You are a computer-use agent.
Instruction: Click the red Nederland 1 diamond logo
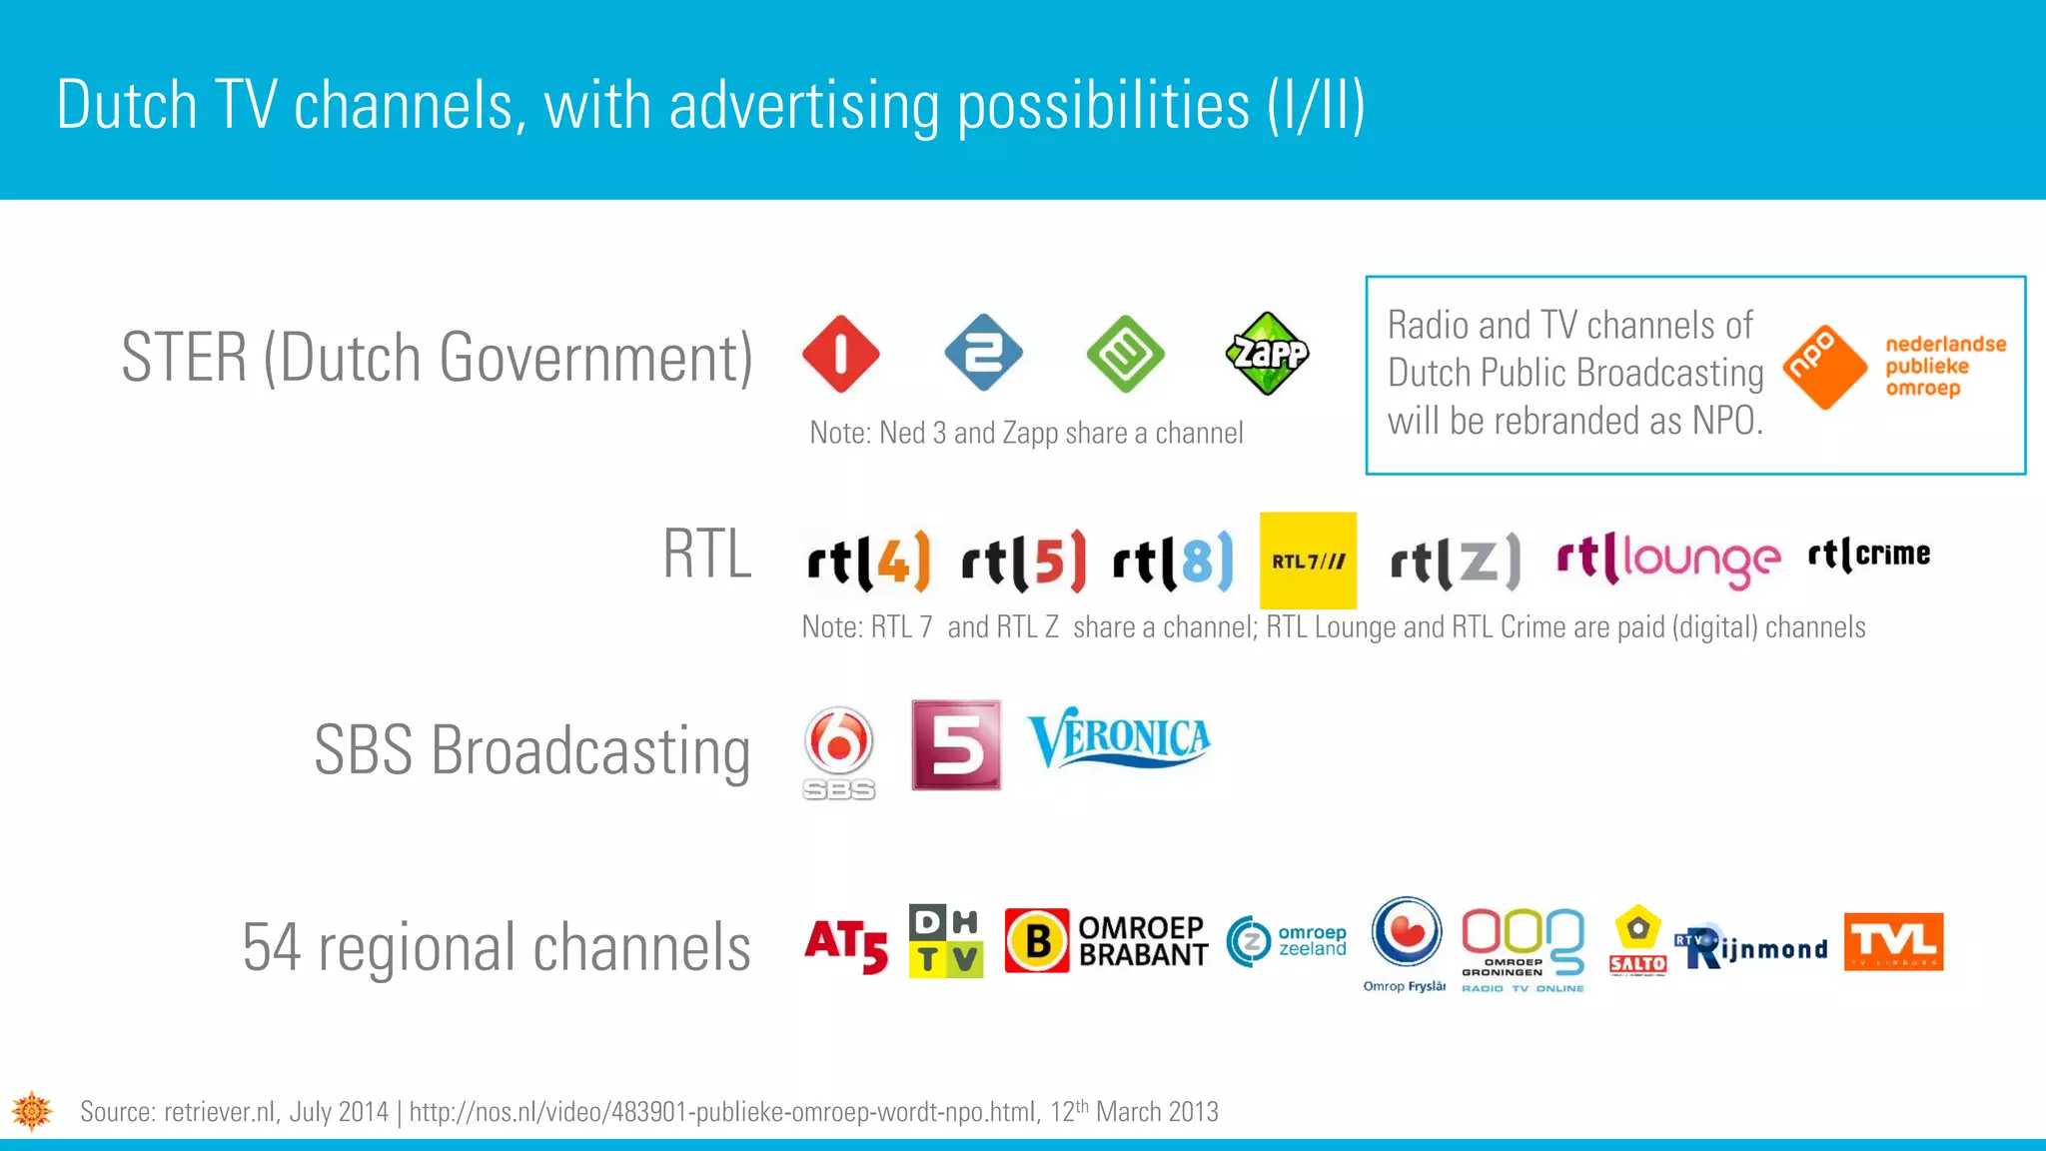(840, 354)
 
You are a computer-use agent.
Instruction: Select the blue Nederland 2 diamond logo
(983, 353)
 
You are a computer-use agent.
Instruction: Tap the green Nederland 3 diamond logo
(1125, 354)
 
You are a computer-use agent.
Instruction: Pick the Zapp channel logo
(1267, 354)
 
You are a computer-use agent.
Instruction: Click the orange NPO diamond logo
(1824, 367)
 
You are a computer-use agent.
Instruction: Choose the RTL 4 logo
(868, 561)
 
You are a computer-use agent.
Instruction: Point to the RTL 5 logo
(1023, 561)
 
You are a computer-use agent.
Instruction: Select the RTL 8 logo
(1173, 561)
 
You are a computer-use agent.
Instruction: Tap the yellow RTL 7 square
(1308, 561)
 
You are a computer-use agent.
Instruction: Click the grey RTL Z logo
(1455, 561)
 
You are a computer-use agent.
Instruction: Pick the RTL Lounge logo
(1667, 560)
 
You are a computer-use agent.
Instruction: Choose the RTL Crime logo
(1868, 554)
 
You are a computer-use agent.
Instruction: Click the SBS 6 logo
(839, 751)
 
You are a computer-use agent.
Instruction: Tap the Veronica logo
(1119, 739)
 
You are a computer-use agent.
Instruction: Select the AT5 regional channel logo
(846, 945)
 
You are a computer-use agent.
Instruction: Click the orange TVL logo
(1893, 941)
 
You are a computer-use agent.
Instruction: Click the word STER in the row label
(184, 357)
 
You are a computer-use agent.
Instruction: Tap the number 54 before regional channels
(271, 947)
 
